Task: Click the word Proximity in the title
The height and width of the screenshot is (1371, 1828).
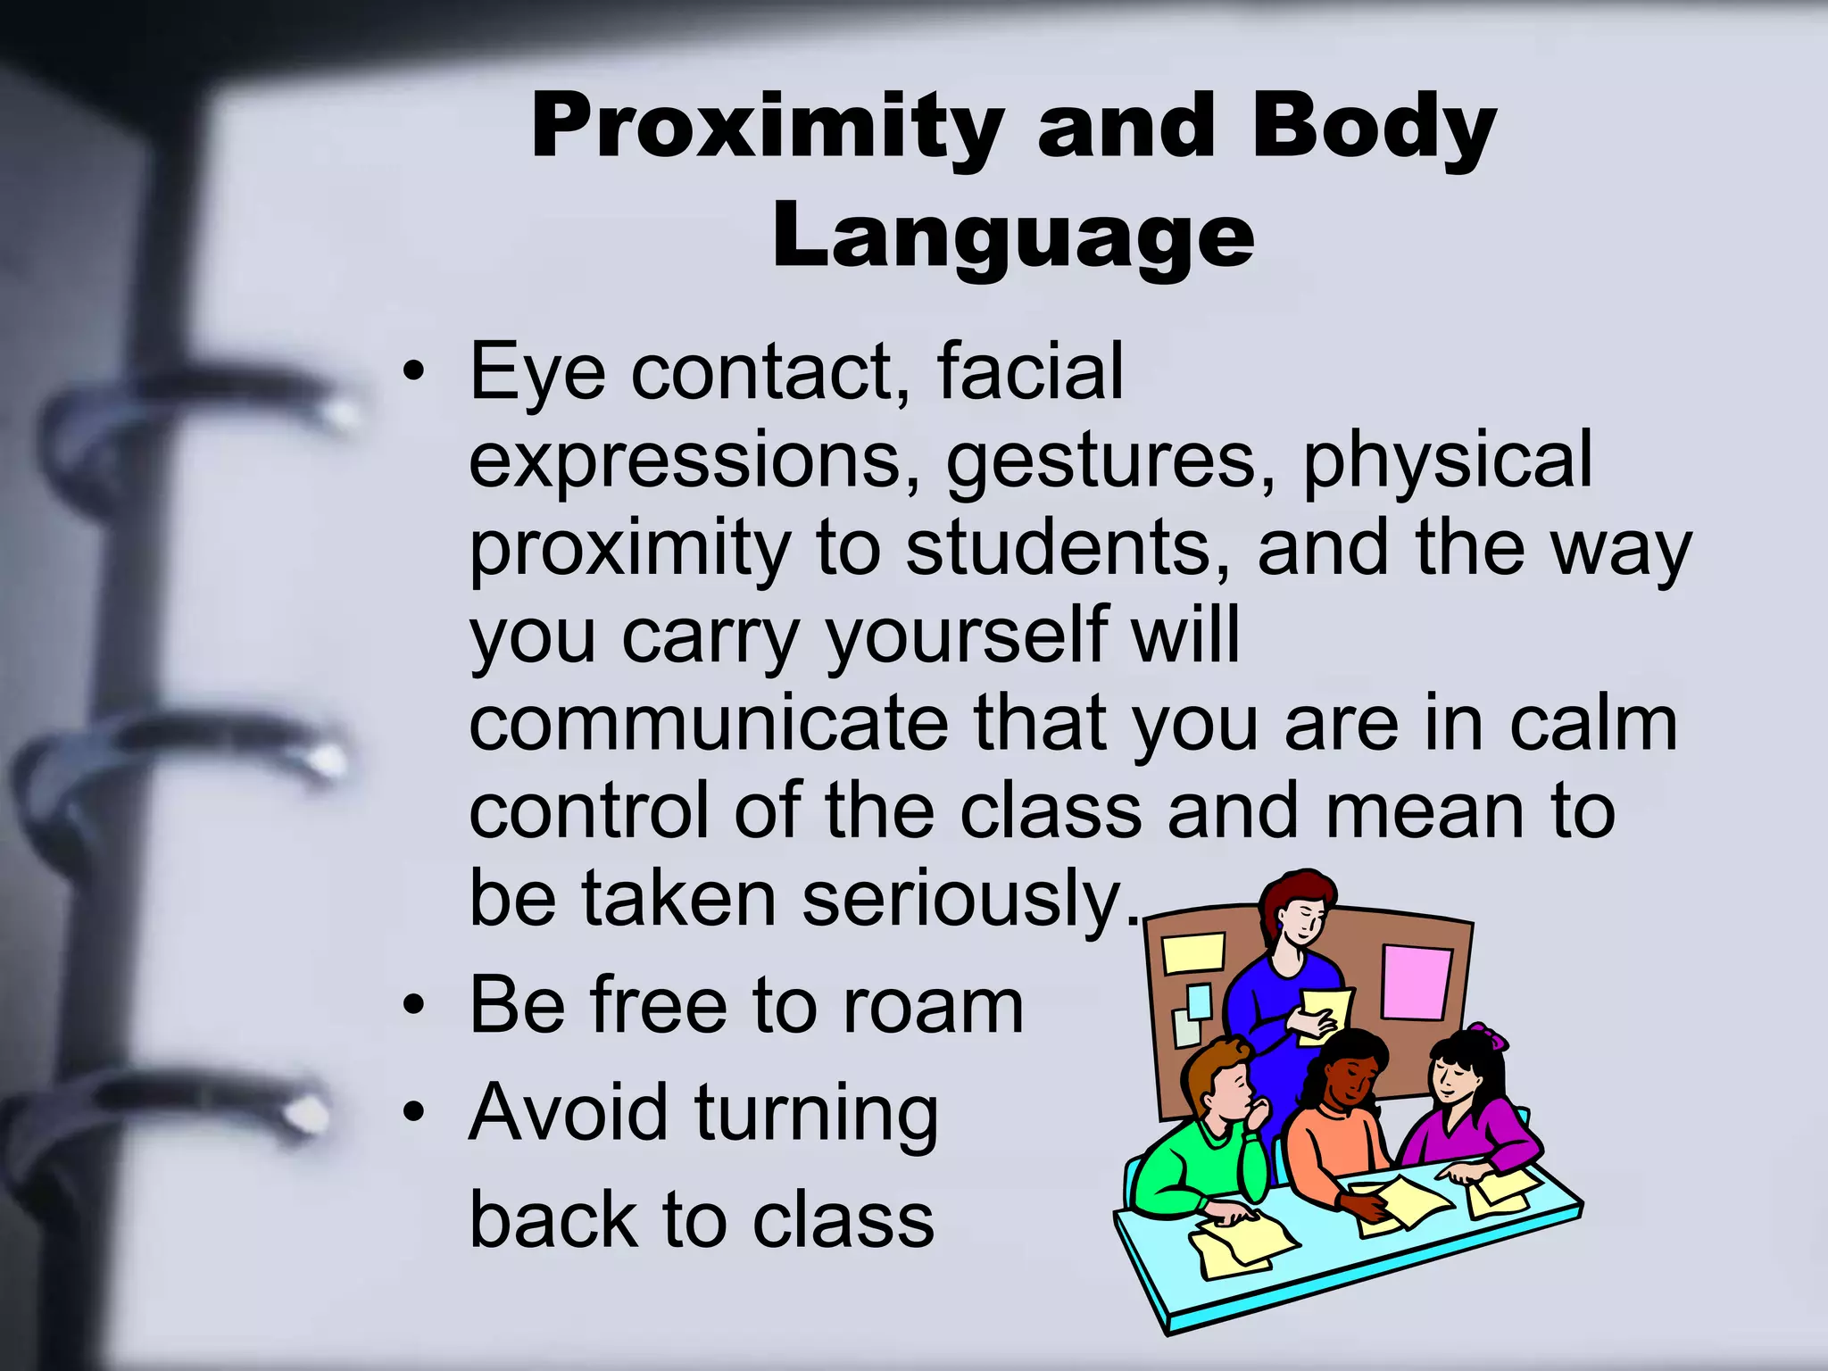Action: pos(767,129)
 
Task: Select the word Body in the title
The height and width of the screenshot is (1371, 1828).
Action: pos(1373,129)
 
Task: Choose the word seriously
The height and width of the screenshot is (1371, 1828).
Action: pos(960,899)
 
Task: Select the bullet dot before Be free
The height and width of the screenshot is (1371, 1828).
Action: pos(412,1008)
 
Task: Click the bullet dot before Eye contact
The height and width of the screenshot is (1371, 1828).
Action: pos(412,373)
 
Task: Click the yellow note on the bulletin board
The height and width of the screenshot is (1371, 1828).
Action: pos(1194,952)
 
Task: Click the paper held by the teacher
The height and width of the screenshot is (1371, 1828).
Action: pos(1324,1013)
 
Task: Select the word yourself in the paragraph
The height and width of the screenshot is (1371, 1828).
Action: pos(963,636)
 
